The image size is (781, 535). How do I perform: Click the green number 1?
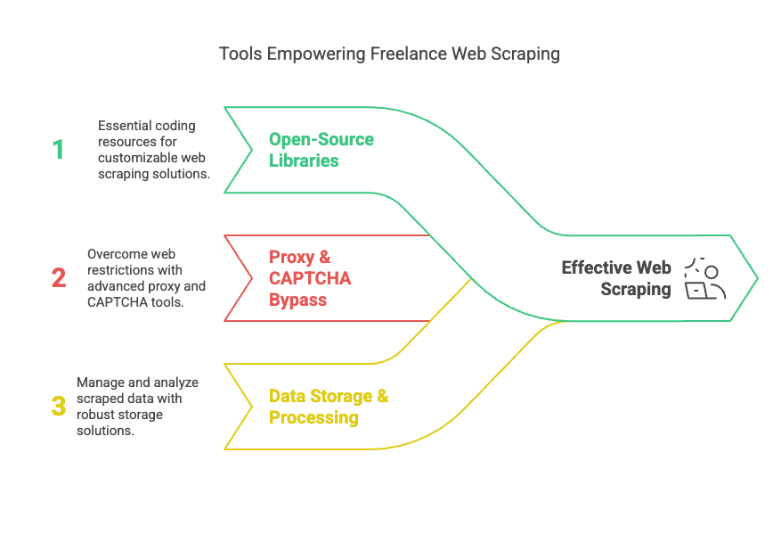tap(59, 149)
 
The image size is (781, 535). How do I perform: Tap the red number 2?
tap(59, 277)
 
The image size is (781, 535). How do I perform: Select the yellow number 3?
tap(59, 406)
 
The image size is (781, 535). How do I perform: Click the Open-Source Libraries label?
tap(321, 150)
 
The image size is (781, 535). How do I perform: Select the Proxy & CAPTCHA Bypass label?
tap(310, 278)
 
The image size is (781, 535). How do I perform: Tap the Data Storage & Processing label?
tap(329, 407)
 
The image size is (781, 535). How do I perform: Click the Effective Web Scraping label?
tap(616, 278)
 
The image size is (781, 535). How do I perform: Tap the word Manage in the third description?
tap(100, 383)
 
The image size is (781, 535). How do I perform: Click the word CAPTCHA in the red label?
tap(310, 278)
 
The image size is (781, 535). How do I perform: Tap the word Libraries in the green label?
tap(304, 160)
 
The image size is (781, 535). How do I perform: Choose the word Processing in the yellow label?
tap(313, 417)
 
